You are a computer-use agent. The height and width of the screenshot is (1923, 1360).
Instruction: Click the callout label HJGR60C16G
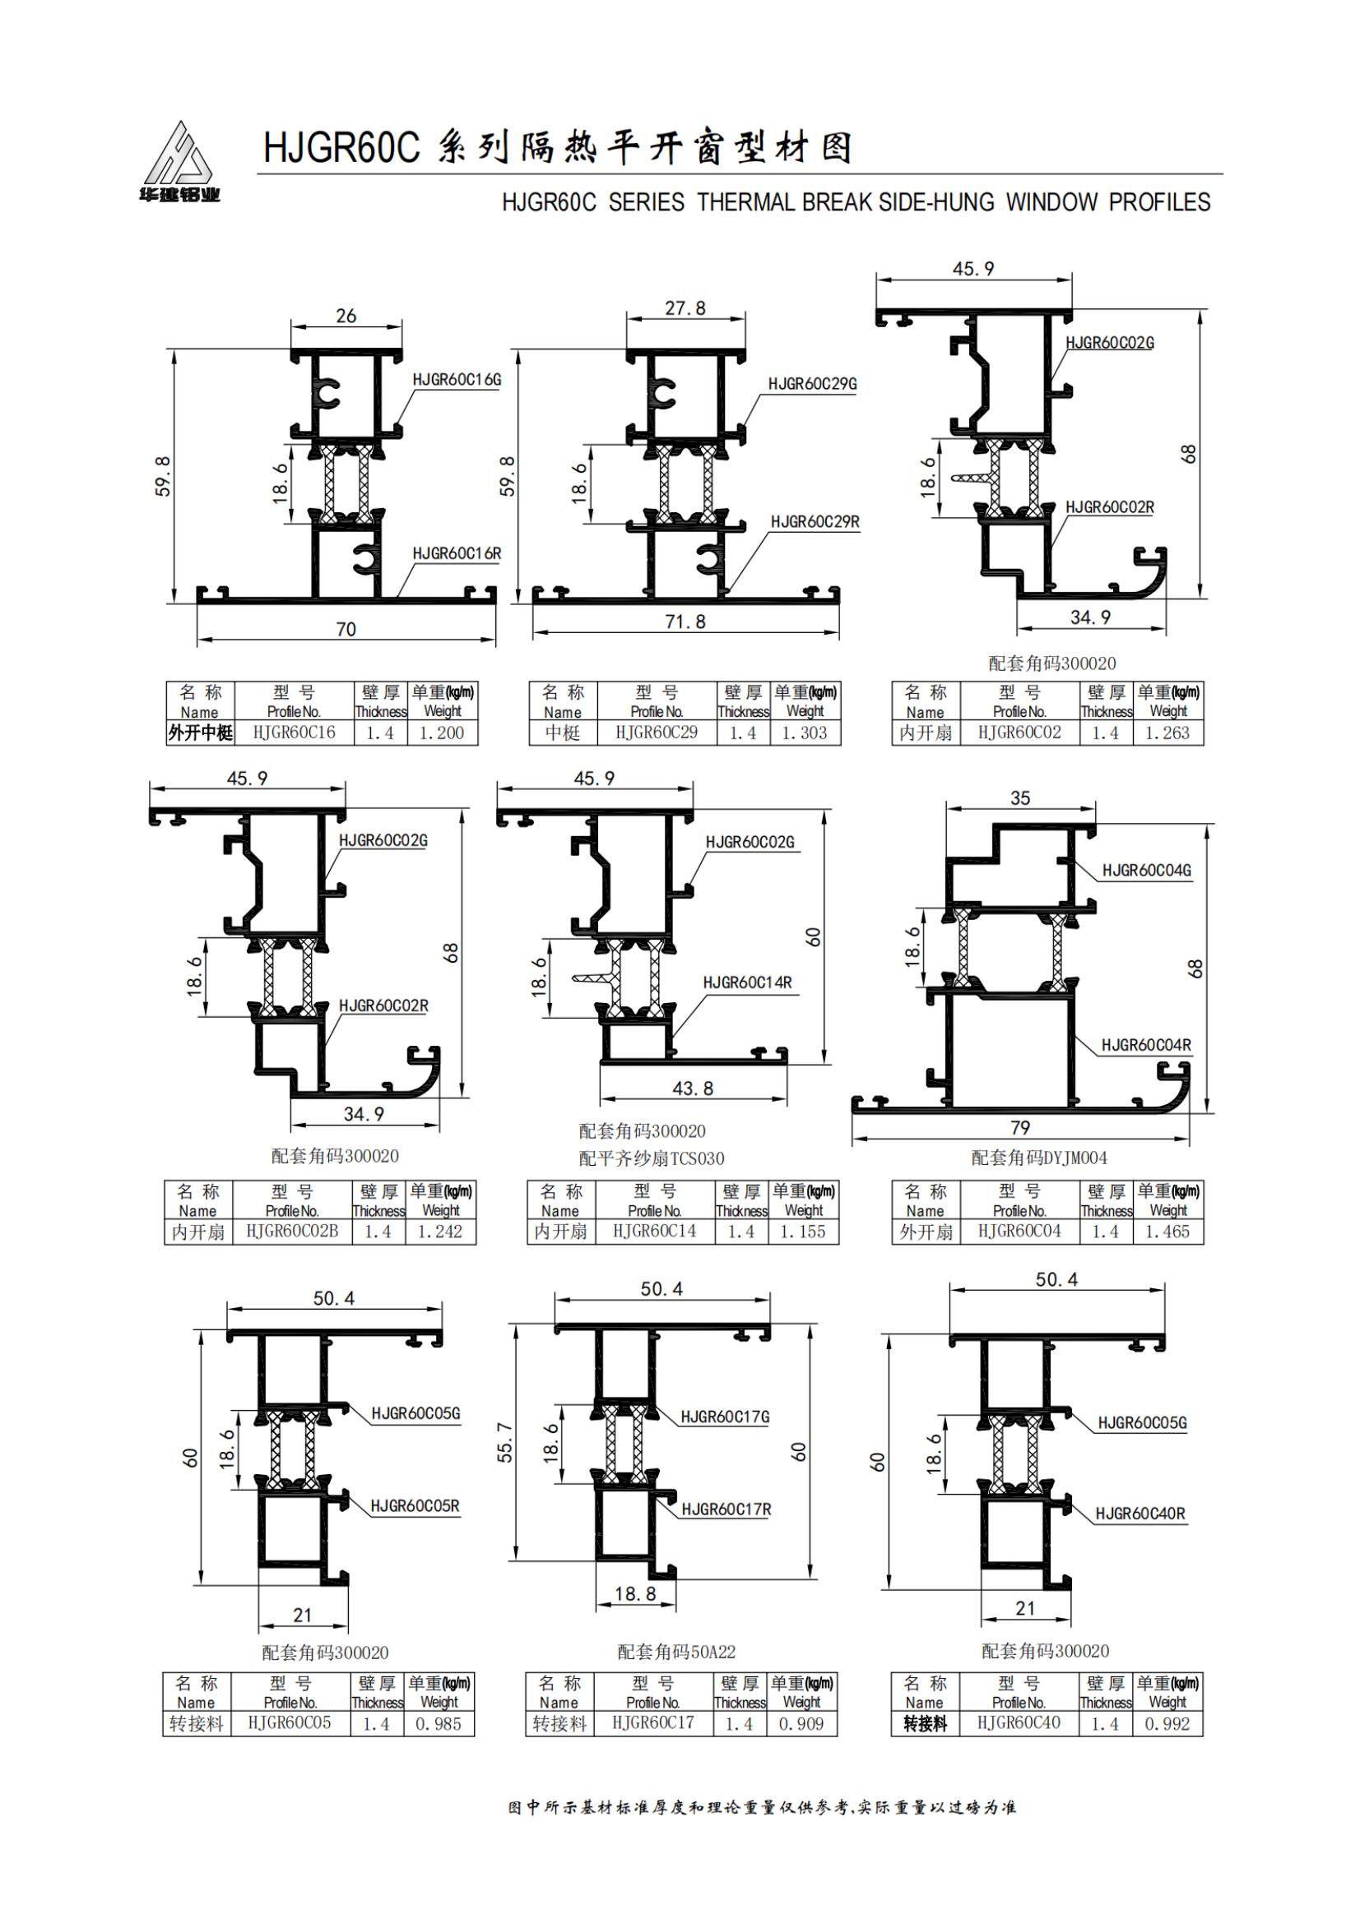tap(457, 379)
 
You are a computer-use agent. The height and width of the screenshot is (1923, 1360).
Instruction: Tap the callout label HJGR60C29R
tap(815, 522)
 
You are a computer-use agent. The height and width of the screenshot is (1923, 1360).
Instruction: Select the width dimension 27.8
tap(685, 308)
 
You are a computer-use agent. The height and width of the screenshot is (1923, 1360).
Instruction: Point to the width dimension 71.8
tap(685, 622)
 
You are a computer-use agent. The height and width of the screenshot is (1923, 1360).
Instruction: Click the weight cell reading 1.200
tap(442, 733)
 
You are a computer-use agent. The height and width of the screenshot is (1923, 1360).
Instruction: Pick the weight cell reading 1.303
tap(805, 733)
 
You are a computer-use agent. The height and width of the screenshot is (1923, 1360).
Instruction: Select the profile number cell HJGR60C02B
tap(292, 1232)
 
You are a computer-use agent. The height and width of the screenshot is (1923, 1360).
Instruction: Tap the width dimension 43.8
tap(693, 1088)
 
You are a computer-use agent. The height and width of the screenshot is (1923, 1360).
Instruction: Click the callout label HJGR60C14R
tap(747, 982)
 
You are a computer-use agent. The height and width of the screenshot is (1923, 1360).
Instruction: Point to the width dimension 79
tap(1019, 1127)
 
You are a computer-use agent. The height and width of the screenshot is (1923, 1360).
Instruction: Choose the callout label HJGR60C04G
tap(1146, 870)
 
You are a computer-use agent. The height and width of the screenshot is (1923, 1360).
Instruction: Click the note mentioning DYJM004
tap(1039, 1158)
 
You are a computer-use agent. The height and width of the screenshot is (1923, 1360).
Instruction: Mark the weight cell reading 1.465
tap(1168, 1232)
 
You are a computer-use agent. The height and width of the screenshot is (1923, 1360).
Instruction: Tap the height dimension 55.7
tap(505, 1441)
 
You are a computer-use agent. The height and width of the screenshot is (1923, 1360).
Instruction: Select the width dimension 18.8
tap(635, 1592)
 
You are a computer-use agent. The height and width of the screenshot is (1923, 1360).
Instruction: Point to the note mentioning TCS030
tap(651, 1158)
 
